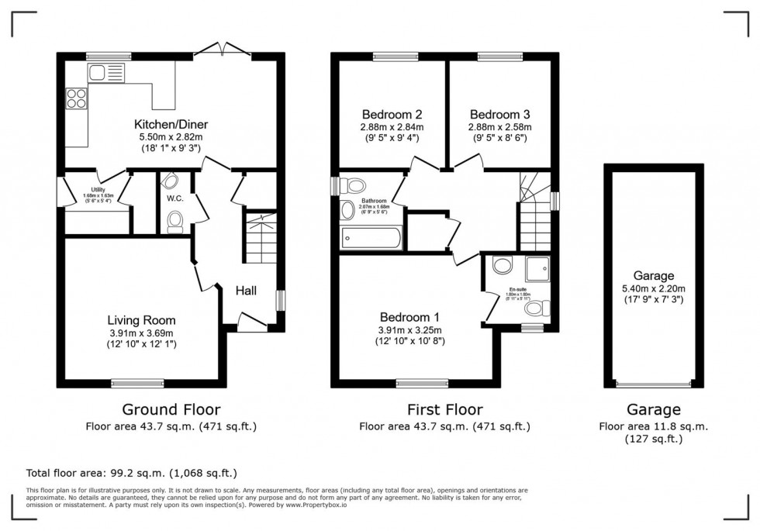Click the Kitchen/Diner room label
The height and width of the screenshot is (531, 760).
click(x=171, y=124)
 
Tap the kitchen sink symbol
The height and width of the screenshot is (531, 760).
click(x=102, y=74)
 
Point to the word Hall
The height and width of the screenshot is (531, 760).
click(x=247, y=291)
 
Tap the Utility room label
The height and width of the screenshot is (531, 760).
click(x=97, y=189)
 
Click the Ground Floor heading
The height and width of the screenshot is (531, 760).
click(x=171, y=409)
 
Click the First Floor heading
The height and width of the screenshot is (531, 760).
click(x=444, y=409)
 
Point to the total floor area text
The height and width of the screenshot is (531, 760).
click(x=132, y=472)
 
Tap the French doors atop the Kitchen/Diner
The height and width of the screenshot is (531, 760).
click(x=222, y=52)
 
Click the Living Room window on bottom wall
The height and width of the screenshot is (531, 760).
click(x=137, y=382)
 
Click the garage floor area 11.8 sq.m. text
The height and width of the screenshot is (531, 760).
click(x=652, y=426)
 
